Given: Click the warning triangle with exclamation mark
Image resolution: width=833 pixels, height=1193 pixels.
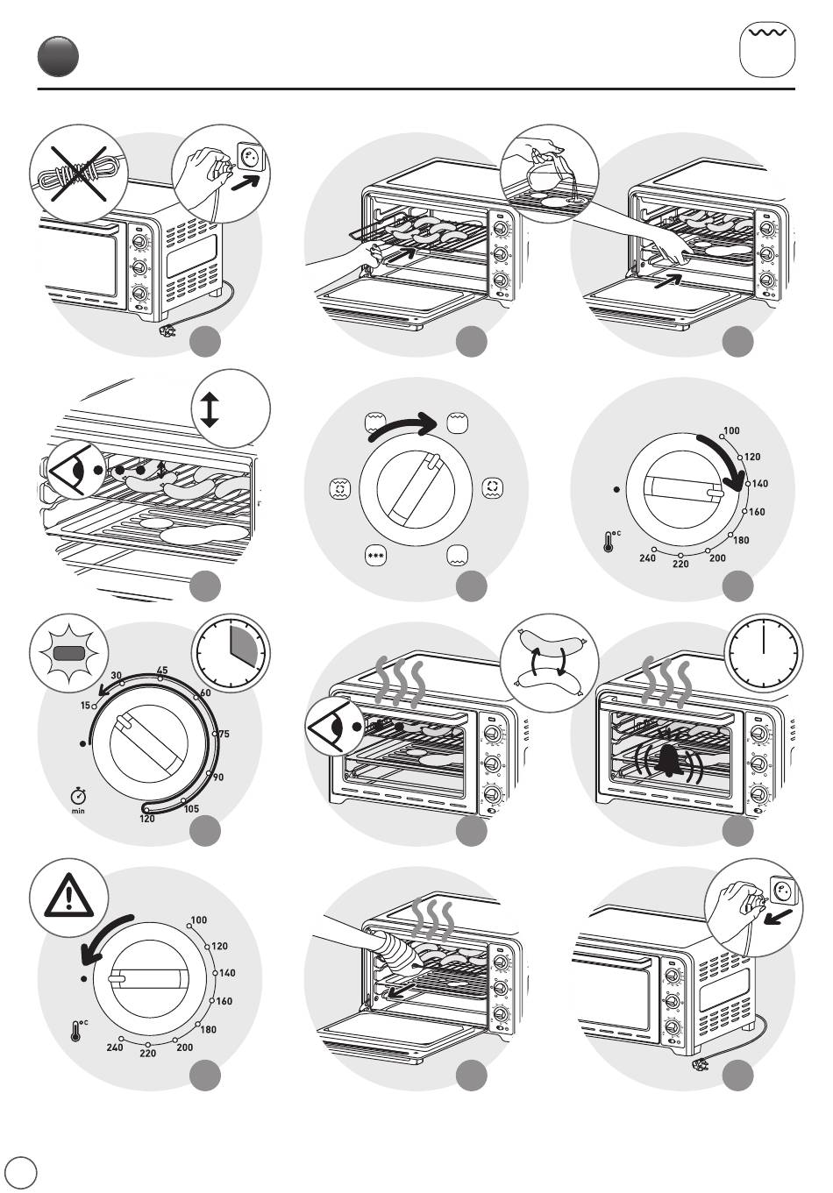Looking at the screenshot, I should [x=68, y=898].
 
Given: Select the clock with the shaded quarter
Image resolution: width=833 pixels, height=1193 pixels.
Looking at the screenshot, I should [x=231, y=650].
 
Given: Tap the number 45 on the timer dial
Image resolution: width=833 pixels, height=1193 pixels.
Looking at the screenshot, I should [x=162, y=671].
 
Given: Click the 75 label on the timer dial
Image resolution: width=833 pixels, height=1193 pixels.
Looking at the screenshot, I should [x=223, y=735].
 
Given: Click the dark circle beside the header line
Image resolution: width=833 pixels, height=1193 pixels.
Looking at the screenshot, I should [x=58, y=56].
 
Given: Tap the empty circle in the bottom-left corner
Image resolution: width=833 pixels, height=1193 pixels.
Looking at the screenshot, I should [x=21, y=1172].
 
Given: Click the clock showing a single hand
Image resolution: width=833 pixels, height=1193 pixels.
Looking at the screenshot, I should [x=763, y=651].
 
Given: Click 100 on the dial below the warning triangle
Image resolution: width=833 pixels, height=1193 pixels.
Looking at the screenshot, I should [x=198, y=920].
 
